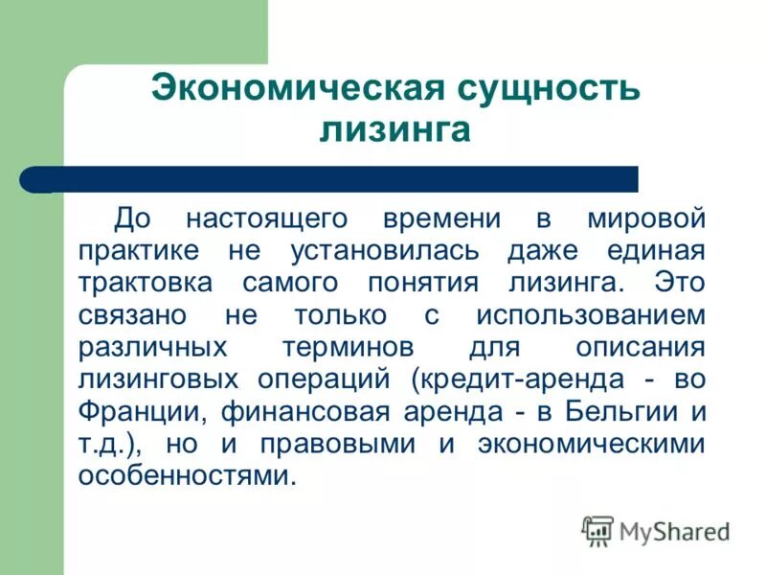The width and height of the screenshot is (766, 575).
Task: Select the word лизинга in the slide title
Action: (x=394, y=130)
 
